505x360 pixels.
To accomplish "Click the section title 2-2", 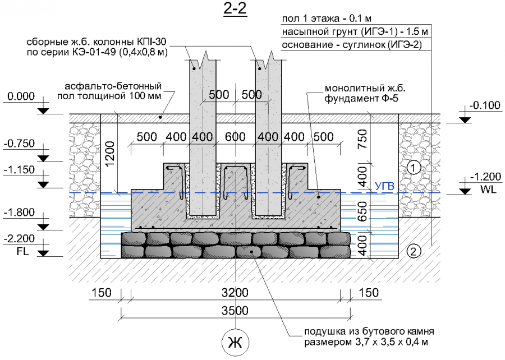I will (235, 10).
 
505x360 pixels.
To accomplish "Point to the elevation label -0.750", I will (20, 144).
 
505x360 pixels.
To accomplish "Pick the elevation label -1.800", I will (20, 213).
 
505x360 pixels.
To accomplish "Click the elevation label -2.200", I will (20, 240).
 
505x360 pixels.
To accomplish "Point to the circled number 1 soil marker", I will (413, 167).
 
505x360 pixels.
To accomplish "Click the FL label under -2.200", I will (16, 251).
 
